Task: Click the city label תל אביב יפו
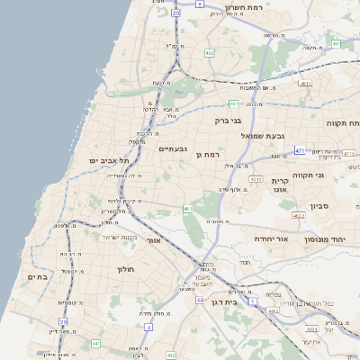tap(109, 160)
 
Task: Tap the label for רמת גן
tap(208, 155)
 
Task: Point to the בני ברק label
tap(229, 120)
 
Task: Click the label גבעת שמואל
tap(263, 135)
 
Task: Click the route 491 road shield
tap(336, 42)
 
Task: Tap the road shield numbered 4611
tap(305, 83)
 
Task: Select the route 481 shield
tap(234, 103)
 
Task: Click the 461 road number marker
tap(188, 209)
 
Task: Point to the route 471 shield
tap(299, 151)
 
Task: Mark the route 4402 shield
tap(272, 310)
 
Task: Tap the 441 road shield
tap(95, 343)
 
